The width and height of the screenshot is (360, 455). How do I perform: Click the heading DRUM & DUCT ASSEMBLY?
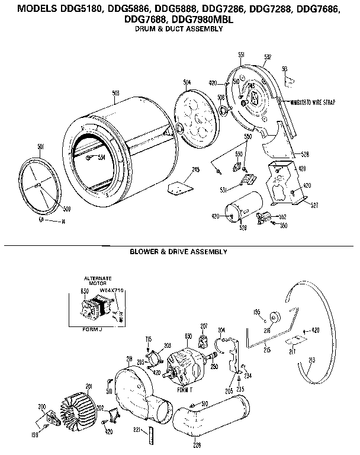[x=179, y=29]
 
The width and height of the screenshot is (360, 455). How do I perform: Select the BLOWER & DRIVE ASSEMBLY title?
[x=178, y=252]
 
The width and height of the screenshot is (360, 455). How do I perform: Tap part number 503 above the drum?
[x=116, y=93]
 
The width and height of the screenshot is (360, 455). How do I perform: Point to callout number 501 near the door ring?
[x=40, y=146]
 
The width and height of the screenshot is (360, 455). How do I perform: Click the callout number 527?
[x=314, y=207]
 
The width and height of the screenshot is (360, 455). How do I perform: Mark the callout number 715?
[x=149, y=338]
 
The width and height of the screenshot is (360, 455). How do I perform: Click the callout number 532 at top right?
[x=268, y=56]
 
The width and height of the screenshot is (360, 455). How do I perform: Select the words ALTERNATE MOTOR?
[x=94, y=281]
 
